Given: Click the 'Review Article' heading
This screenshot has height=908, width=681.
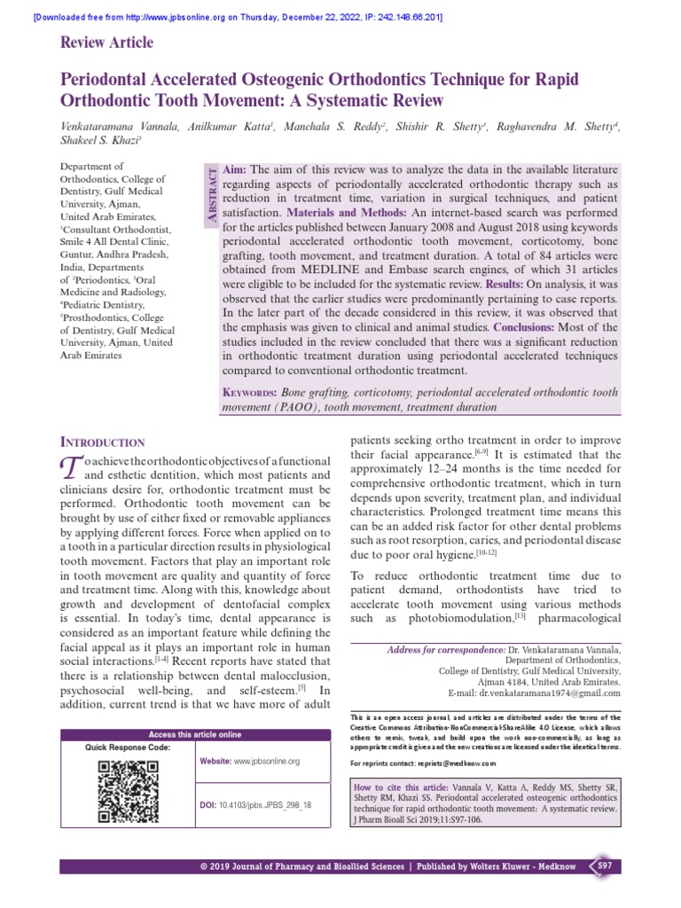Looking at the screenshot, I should (106, 43).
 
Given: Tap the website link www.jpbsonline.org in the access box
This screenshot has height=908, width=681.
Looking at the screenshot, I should (267, 761).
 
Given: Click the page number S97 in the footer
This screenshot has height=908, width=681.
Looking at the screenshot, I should (603, 865).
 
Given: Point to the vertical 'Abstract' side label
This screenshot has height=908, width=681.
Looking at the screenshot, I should (210, 197).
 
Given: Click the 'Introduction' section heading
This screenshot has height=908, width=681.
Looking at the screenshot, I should (102, 442).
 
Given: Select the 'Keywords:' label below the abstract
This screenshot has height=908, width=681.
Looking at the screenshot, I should (249, 392).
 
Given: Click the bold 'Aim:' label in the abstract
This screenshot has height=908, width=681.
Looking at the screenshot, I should (235, 169).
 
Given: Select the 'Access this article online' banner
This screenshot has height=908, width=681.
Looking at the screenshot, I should (194, 734).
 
